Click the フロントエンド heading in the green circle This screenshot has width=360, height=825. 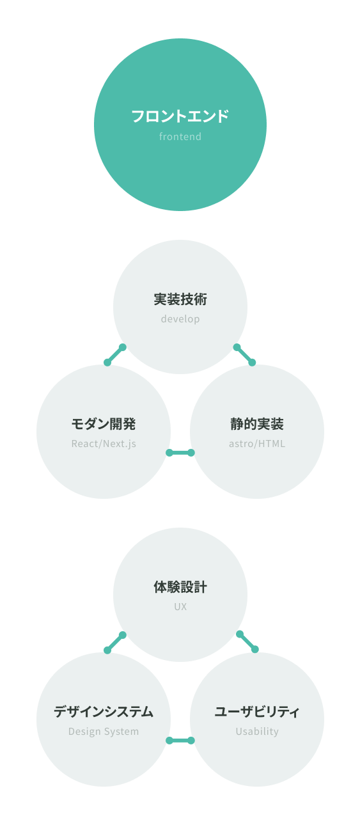[x=180, y=116]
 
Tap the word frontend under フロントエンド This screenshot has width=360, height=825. [x=180, y=137]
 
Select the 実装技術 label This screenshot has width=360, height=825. [x=180, y=299]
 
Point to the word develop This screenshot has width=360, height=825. [x=180, y=319]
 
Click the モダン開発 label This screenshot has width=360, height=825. [x=104, y=424]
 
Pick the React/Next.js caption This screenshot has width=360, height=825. [x=104, y=444]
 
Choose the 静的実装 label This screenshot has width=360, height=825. [x=256, y=424]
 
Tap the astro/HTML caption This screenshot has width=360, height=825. [x=256, y=444]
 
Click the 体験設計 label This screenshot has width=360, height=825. [x=180, y=587]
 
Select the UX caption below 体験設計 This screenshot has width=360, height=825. [x=180, y=607]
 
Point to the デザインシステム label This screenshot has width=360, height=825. [x=104, y=712]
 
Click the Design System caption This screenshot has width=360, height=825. [x=104, y=732]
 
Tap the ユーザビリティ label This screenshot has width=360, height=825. [x=256, y=712]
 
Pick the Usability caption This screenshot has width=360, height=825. [x=256, y=732]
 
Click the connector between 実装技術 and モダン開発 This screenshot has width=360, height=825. [x=115, y=355]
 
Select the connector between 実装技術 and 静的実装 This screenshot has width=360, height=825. [x=244, y=355]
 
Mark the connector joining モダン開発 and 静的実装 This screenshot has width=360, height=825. [x=180, y=453]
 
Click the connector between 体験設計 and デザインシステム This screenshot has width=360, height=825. [x=115, y=643]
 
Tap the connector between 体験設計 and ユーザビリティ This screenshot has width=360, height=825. [x=247, y=641]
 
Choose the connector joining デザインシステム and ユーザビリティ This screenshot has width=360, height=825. [x=180, y=741]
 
